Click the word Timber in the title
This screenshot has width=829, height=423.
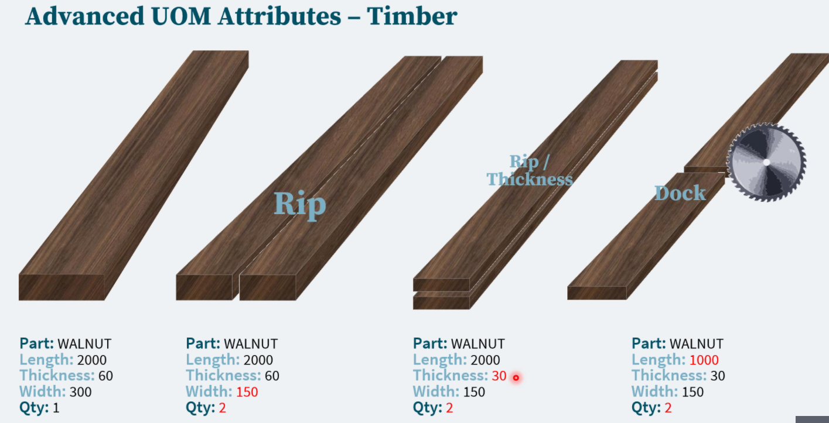click(412, 16)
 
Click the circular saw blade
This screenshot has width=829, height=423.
click(766, 162)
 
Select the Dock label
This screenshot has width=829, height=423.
click(680, 193)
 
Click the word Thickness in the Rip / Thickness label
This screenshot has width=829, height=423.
click(530, 179)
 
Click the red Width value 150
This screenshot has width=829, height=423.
click(247, 391)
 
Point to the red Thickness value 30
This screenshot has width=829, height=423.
click(499, 376)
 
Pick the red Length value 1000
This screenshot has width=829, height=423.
click(704, 360)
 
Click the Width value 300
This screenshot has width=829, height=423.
click(80, 391)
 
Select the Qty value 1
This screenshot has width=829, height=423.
click(56, 408)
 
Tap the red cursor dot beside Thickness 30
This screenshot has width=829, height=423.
click(516, 377)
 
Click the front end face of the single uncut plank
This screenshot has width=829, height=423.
click(62, 287)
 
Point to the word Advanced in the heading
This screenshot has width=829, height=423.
click(85, 16)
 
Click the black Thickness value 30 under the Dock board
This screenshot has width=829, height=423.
click(718, 376)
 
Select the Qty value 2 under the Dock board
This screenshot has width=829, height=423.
click(668, 408)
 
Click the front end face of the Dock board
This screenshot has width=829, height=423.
click(596, 293)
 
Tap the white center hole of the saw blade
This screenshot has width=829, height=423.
click(766, 162)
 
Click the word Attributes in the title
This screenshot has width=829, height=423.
click(279, 16)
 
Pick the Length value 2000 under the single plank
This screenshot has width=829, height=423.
click(92, 360)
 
